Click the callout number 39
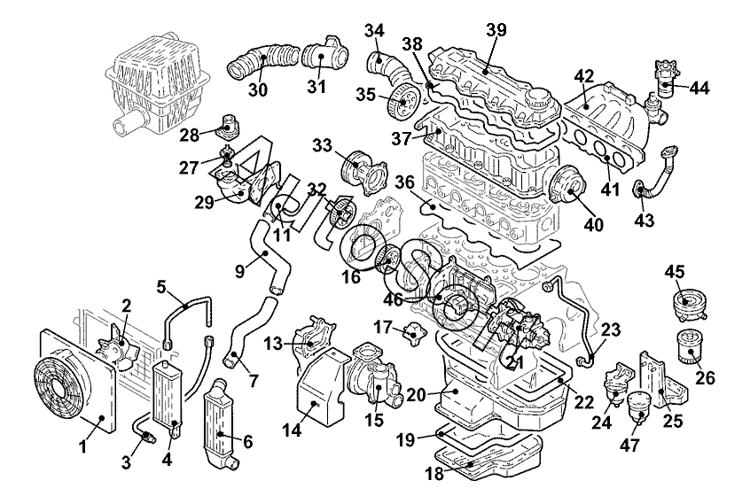(x=496, y=30)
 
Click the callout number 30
(x=258, y=89)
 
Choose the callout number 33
(x=321, y=143)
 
